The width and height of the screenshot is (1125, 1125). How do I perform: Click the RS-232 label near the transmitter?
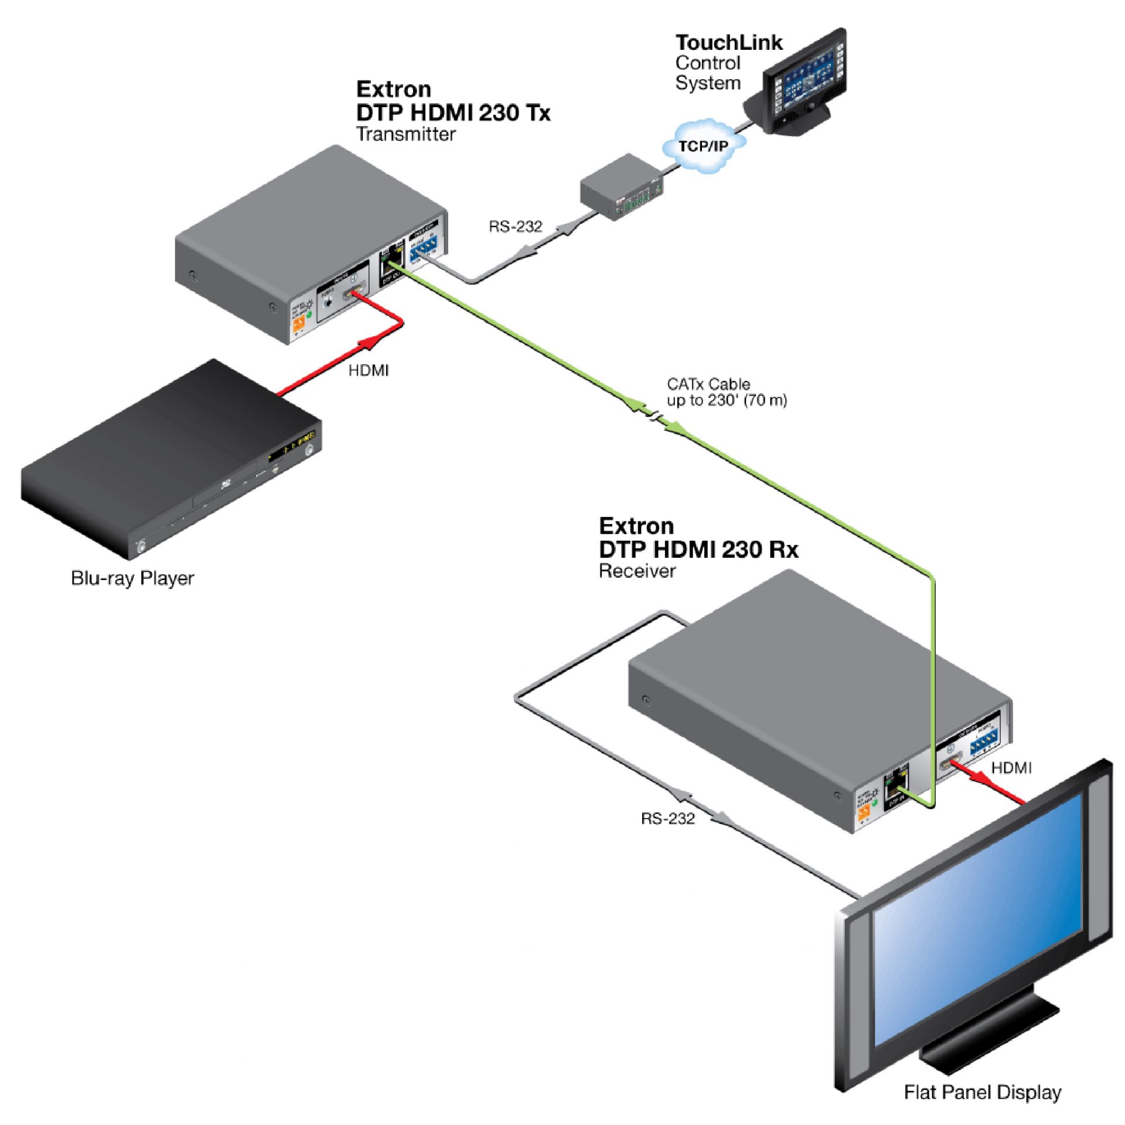coord(516,227)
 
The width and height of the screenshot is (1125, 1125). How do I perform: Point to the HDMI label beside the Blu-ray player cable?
coord(369,370)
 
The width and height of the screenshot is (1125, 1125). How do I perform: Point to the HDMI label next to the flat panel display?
coord(1011,768)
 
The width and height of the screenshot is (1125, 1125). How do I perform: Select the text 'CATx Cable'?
coord(708,384)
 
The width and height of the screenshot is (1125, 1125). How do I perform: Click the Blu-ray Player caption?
coord(132,578)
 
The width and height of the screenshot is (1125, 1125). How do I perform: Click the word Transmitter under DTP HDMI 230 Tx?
coord(405,134)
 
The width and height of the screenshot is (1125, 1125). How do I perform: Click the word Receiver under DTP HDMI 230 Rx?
coord(637,571)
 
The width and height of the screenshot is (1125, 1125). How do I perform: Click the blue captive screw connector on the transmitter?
coord(424,251)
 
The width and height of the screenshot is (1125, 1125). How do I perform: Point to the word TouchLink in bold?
coord(728,42)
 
